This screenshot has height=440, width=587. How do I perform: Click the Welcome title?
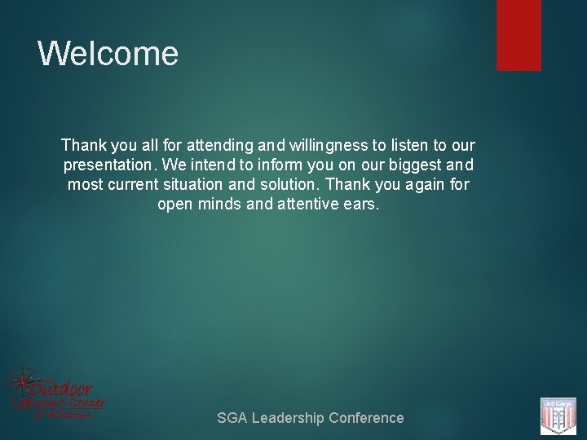click(108, 54)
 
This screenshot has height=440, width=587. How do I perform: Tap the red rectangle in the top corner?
click(519, 35)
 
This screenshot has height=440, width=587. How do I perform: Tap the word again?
click(425, 184)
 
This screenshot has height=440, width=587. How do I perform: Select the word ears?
click(360, 204)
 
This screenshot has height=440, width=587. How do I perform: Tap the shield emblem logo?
click(558, 416)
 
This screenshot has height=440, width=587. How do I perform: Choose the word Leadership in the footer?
click(287, 418)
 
